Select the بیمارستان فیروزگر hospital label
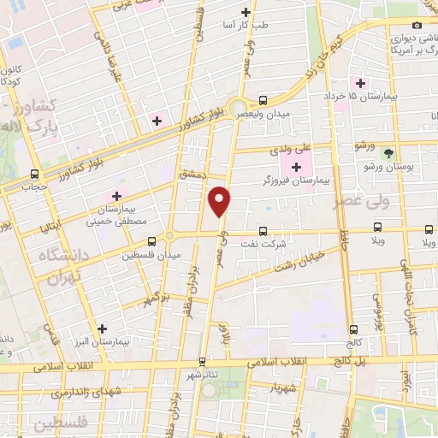[x=295, y=181]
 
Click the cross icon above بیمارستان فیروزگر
[x=296, y=166]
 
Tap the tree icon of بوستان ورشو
[x=390, y=153]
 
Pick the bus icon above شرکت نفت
[x=263, y=229]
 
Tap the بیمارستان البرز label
[x=101, y=341]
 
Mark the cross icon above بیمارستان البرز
[x=103, y=328]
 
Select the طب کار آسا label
[x=246, y=26]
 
